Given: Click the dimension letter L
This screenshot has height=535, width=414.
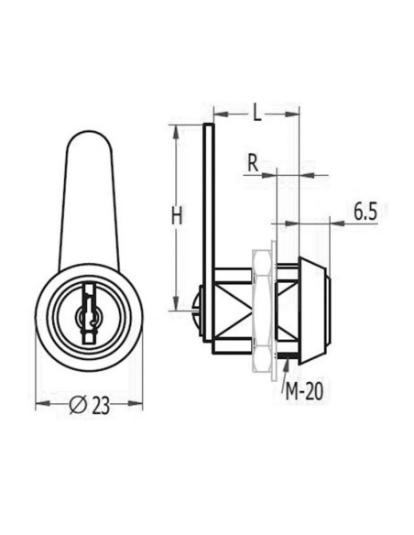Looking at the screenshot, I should click(256, 114).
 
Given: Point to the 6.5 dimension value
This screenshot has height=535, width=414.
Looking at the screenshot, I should click(365, 213).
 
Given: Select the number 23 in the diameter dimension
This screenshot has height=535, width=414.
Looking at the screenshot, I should click(101, 405).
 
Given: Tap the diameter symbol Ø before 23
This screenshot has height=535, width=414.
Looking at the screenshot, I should click(78, 405).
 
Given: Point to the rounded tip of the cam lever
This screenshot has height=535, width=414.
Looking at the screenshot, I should click(88, 142).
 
